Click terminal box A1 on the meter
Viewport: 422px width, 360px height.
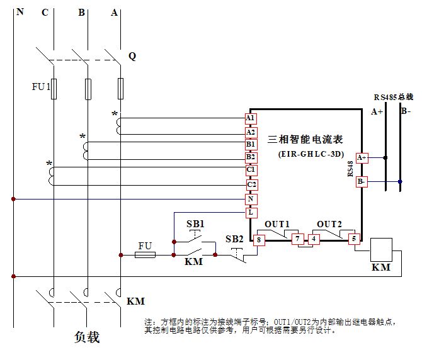click(251, 118)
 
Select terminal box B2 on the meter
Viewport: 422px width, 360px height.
click(251, 157)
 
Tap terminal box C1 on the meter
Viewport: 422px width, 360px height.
click(251, 170)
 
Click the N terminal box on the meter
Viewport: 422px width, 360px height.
click(251, 199)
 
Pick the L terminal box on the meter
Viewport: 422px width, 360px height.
click(251, 213)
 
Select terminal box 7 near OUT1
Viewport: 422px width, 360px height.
click(298, 239)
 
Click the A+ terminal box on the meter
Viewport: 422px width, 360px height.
click(362, 158)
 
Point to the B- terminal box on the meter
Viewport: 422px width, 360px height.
click(362, 181)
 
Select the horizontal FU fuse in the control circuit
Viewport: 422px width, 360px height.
click(145, 255)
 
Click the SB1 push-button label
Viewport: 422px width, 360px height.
click(195, 224)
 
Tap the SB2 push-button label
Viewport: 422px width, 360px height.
click(234, 239)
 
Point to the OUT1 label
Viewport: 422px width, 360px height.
click(277, 225)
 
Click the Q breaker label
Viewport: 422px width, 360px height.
click(132, 56)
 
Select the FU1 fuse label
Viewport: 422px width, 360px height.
click(41, 86)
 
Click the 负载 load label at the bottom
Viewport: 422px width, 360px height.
click(87, 337)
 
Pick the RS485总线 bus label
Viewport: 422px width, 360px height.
click(393, 97)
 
